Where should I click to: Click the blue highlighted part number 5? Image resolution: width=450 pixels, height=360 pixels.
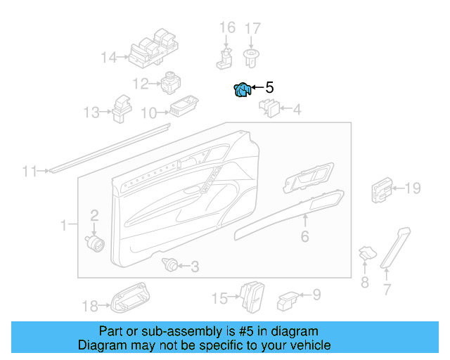click(x=241, y=91)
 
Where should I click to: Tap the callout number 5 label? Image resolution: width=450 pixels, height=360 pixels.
click(x=269, y=88)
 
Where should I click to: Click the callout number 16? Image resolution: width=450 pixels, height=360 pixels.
click(x=227, y=28)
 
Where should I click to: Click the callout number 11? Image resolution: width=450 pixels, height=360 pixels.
click(x=29, y=171)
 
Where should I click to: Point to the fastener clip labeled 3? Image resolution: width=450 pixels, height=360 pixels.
click(x=169, y=265)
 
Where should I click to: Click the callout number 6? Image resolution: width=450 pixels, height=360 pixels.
click(x=304, y=237)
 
